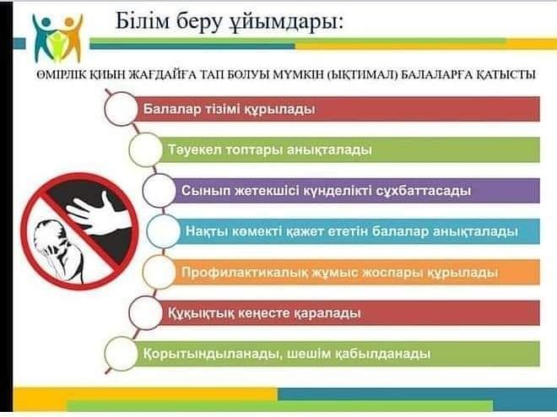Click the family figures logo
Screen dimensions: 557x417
(58, 38)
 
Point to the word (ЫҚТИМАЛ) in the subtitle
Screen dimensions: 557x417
(361, 75)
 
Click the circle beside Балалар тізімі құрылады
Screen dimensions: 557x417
(122, 109)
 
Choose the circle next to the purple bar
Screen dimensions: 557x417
(160, 191)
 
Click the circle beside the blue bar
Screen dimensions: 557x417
(163, 231)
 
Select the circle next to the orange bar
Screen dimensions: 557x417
(160, 272)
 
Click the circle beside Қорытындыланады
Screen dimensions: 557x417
(122, 354)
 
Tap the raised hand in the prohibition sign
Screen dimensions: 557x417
(98, 214)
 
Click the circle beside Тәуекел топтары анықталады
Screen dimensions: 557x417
(146, 149)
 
